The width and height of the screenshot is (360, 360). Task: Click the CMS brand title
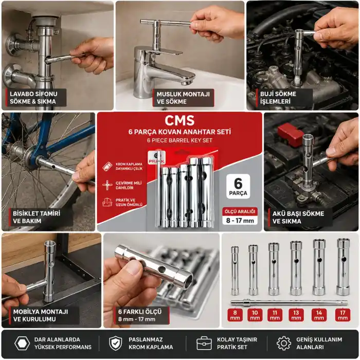point(179,120)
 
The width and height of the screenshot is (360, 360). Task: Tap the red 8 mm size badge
point(235,315)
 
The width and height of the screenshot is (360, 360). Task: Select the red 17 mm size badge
point(343,315)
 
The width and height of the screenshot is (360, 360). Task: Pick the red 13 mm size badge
point(296,315)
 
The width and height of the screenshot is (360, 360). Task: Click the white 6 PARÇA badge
point(238,186)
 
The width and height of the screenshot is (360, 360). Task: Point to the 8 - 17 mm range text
point(240,221)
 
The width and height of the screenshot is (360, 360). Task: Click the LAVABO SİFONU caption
point(33,94)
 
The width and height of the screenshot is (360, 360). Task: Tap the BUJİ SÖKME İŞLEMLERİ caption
point(278,98)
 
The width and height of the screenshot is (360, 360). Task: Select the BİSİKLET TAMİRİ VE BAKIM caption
point(37,217)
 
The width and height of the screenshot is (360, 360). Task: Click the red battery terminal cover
point(290,134)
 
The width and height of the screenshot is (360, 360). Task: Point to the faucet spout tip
point(187,82)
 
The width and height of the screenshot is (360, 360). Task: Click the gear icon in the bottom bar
point(284,344)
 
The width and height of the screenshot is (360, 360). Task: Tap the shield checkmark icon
point(115,344)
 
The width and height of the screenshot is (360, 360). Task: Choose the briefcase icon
point(204,344)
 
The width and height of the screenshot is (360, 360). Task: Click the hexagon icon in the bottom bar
point(22,344)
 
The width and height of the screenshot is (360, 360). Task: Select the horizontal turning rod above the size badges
point(289,303)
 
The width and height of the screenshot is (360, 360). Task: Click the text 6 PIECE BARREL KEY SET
point(179,140)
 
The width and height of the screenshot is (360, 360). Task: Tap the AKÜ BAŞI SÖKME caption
point(298,214)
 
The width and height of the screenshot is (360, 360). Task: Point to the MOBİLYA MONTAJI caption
point(41,312)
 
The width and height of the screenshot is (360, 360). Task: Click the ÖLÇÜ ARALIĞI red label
point(240,211)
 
